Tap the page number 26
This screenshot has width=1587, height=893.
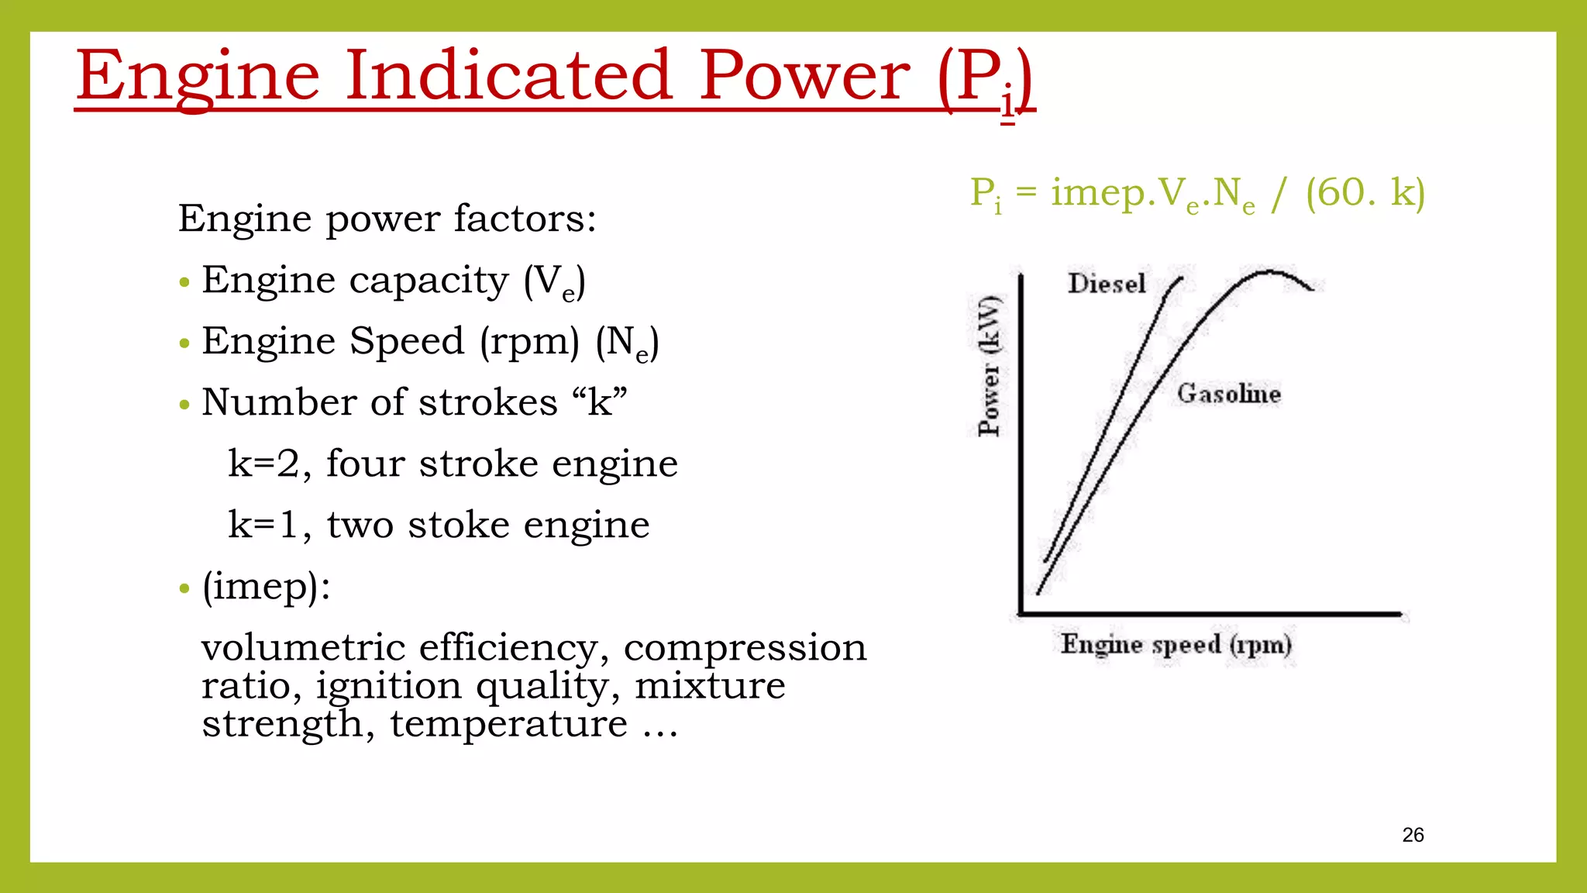coord(1413,835)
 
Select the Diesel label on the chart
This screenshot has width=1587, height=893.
coord(1106,284)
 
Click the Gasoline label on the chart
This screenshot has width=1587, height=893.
coord(1228,394)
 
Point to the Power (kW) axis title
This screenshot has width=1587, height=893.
coord(989,366)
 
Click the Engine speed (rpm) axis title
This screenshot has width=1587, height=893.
coord(1176,644)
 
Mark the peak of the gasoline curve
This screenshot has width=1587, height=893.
coord(1269,272)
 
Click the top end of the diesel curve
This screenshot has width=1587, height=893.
coord(1182,278)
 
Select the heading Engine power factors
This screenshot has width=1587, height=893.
coord(387,219)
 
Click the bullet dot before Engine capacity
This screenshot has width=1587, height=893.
coord(184,282)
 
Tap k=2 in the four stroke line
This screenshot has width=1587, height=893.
coord(263,464)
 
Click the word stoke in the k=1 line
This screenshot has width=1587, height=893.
coord(458,525)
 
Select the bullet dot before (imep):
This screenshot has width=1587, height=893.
coord(184,588)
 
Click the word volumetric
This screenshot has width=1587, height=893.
coord(303,647)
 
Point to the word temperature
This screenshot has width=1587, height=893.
coord(508,724)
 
